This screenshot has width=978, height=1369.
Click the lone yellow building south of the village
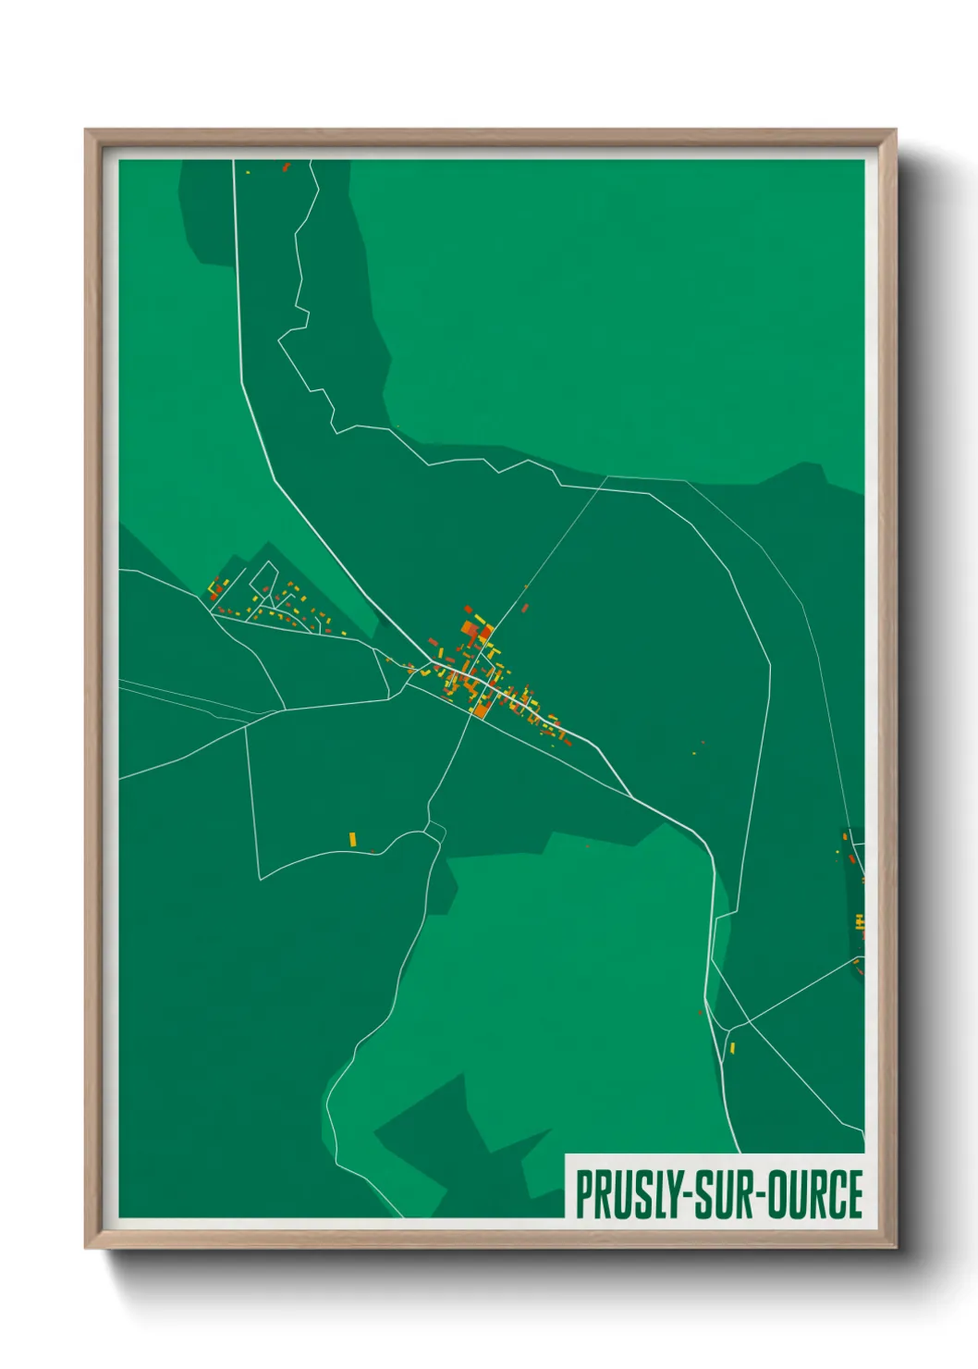coord(352,839)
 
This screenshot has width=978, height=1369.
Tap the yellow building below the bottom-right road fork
coord(732,1048)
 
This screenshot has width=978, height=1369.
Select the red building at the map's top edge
coord(286,167)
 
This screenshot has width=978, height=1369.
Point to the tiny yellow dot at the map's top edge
coord(248,172)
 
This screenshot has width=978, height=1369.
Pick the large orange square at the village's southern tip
coord(481,711)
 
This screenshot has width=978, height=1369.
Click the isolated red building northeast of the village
coord(525,608)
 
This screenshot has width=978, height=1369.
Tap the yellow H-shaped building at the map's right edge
coord(860,921)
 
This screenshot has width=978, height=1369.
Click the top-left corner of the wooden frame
coord(87,131)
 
